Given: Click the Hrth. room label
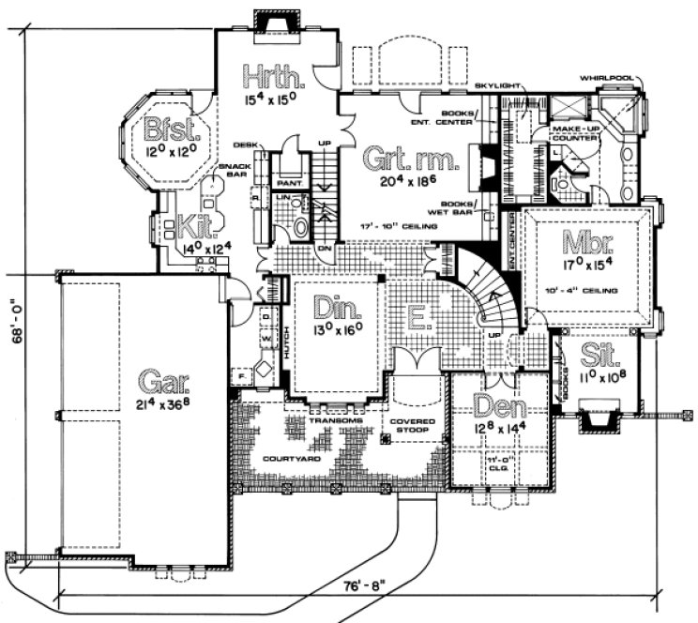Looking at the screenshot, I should click(x=266, y=73).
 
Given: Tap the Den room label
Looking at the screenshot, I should click(x=494, y=405).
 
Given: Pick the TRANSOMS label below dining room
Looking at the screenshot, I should click(x=328, y=420).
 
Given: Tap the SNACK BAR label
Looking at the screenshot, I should click(x=231, y=171).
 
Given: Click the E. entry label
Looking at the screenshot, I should click(x=417, y=319).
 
